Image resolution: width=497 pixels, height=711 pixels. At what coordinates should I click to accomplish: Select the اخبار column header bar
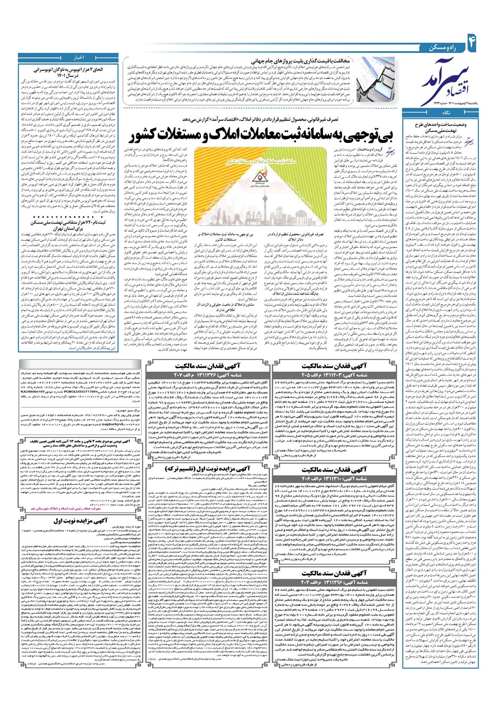point(71,57)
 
